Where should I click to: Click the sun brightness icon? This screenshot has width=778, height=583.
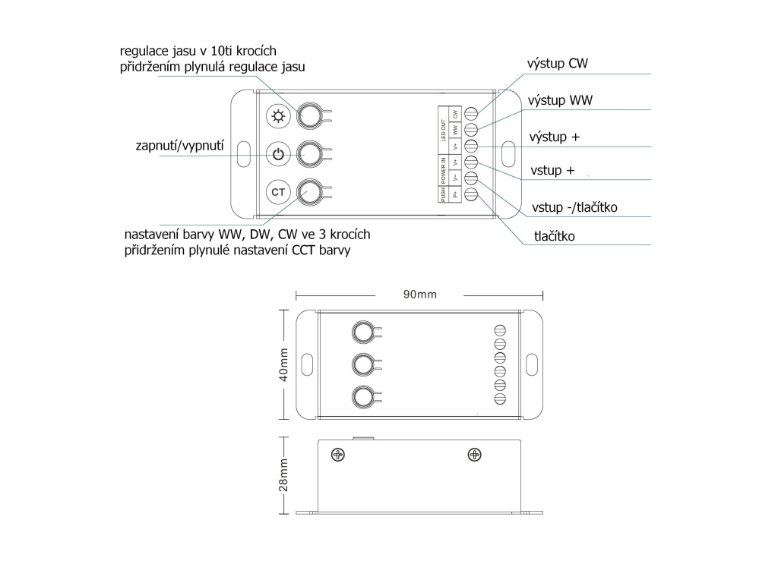coord(278,116)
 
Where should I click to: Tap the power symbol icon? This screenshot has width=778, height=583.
coord(278,154)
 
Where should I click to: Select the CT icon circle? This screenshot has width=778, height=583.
coord(278,192)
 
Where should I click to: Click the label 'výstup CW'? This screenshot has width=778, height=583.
coord(557,64)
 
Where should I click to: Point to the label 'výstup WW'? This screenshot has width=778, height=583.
coord(560,101)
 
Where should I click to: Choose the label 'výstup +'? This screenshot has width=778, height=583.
coord(554,137)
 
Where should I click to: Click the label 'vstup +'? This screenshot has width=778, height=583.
coord(552,171)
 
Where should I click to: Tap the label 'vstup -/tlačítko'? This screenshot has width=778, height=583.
coord(574,207)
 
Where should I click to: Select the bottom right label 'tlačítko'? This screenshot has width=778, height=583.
coord(554,236)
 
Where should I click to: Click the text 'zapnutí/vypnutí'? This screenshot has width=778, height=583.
coord(179,146)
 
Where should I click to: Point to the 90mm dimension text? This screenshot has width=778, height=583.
coord(419,295)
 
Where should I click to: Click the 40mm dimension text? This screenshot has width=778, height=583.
coord(283,364)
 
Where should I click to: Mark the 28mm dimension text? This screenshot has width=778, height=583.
coord(283,475)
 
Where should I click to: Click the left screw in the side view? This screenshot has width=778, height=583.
coord(338,455)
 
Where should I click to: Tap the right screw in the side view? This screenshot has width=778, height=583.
coord(475,455)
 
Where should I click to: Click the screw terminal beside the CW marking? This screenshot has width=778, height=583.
coord(471,114)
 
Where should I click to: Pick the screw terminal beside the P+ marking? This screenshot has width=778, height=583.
coord(471,194)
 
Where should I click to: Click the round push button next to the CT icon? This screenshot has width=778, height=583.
coord(310,192)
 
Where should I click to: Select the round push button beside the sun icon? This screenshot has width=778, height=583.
coord(310,116)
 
